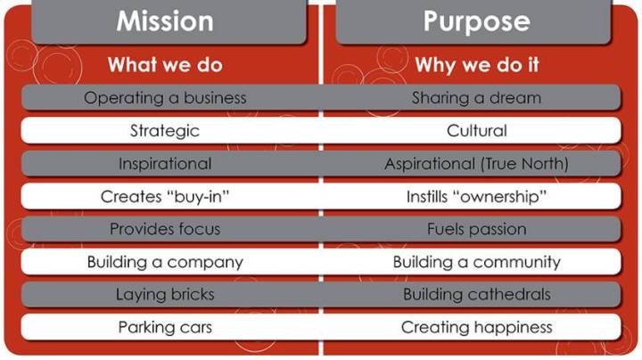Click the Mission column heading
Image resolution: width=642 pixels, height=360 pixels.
point(165,21)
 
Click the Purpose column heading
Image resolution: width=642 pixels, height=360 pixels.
point(476,21)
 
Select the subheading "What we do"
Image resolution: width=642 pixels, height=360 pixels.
point(165,65)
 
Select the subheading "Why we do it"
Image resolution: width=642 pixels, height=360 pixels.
point(476,65)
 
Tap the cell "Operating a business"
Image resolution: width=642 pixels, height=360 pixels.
point(165,98)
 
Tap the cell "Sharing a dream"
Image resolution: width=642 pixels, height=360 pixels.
point(476,98)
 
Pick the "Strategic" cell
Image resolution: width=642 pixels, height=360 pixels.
point(165,131)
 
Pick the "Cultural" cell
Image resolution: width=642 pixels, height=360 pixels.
point(476,131)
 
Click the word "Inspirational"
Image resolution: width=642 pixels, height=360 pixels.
point(165,164)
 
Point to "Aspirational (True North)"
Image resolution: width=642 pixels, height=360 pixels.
point(476,164)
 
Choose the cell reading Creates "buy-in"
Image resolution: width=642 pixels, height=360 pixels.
point(165,196)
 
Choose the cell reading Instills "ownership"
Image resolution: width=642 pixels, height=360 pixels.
point(476,196)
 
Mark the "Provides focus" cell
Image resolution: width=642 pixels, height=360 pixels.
point(165,229)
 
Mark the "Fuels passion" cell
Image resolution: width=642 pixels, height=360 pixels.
point(476,229)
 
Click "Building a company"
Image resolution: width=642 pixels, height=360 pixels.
point(165,262)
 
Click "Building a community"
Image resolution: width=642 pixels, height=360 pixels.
point(476,262)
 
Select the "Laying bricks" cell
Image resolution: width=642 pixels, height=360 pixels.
point(165,294)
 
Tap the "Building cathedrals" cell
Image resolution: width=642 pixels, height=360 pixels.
point(476,294)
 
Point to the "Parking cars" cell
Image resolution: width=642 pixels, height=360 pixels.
point(165,327)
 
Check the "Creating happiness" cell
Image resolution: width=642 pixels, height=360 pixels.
point(476,327)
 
